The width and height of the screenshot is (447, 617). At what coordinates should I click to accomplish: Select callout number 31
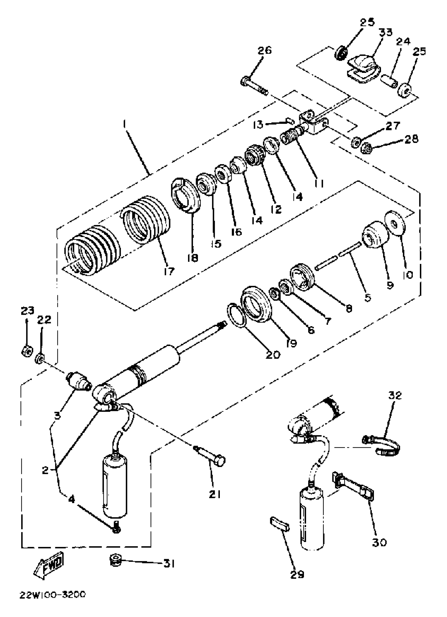point(169,564)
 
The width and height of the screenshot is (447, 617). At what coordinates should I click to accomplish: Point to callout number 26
point(264,51)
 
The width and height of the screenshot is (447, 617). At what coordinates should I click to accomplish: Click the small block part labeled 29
point(280,524)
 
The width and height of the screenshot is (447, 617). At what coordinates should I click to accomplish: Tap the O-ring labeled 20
point(237,315)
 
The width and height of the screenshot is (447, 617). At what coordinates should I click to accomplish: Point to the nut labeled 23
point(27,352)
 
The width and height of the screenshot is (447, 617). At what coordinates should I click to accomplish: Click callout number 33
point(386,33)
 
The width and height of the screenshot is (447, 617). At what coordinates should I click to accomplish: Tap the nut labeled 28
point(366,148)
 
